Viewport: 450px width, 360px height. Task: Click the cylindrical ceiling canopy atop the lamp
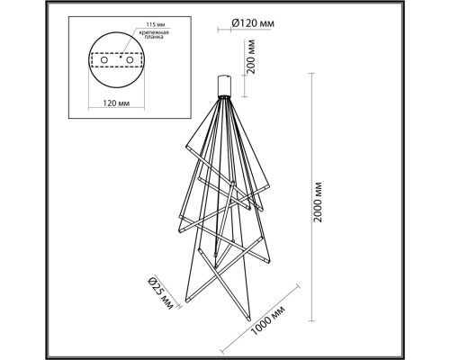coord(226,85)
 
